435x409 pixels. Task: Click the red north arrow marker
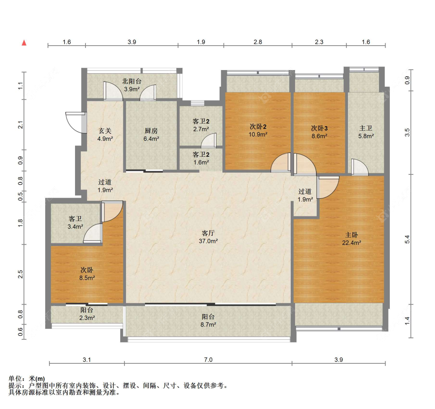tap(24, 43)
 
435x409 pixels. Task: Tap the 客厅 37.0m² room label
tap(208, 237)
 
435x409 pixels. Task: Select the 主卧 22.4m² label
tap(351, 239)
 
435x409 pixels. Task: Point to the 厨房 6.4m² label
tap(151, 134)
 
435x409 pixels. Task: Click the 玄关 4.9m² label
tap(105, 134)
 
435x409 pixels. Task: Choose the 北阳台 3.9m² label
tap(132, 85)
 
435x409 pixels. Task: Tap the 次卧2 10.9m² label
tap(258, 130)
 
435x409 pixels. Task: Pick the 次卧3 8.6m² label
tap(319, 132)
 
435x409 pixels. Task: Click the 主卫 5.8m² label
tap(366, 132)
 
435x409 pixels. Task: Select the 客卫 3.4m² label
tap(75, 222)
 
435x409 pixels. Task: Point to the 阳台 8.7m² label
tap(208, 320)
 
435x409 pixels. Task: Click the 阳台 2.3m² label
tap(87, 314)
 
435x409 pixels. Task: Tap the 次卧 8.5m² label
tap(87, 274)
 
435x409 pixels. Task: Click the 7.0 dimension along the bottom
tap(208, 360)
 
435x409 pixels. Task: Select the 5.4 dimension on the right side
tap(407, 240)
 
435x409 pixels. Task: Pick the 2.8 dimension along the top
tap(258, 42)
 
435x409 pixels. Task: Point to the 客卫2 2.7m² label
tap(201, 125)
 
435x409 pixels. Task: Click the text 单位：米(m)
tap(27, 378)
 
